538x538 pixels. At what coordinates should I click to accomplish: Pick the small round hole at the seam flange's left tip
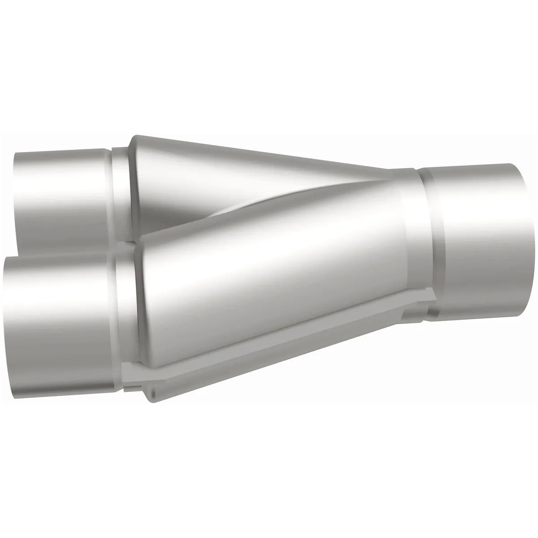pyautogui.click(x=152, y=392)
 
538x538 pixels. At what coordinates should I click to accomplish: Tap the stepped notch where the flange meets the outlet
pyautogui.click(x=419, y=305)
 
